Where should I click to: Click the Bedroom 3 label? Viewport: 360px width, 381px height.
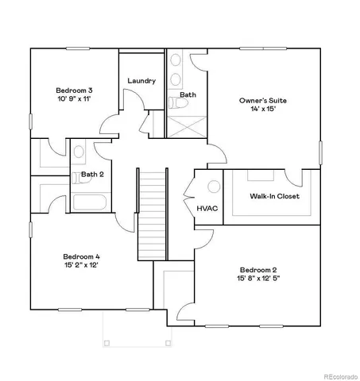point(72,90)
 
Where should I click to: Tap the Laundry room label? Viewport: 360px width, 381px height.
point(141,81)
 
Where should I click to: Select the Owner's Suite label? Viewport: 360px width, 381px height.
point(263,101)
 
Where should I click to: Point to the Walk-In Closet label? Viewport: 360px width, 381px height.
point(274,196)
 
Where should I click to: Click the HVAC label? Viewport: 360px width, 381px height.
point(208,208)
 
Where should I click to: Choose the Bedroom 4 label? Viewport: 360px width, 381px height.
point(81,256)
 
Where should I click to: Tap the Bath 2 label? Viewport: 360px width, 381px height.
point(92,174)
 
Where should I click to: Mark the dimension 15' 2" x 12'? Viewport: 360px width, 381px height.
point(81,267)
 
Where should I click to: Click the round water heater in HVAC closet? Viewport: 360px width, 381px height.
point(214,187)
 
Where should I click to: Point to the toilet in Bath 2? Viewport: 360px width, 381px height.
point(79,151)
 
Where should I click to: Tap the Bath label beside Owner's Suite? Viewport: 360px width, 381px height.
point(188,94)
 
